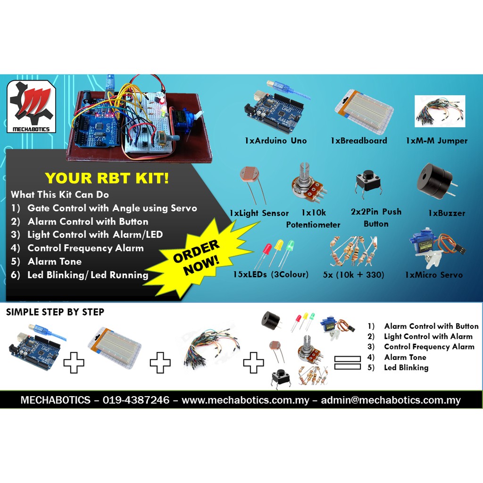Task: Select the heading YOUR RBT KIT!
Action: [x=107, y=178]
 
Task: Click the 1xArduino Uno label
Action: [x=275, y=141]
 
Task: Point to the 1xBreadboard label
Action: [x=358, y=141]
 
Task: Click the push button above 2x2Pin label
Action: [x=368, y=183]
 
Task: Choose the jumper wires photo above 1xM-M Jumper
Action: [x=440, y=111]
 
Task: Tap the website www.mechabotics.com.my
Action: [x=245, y=400]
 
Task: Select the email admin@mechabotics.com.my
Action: [x=391, y=400]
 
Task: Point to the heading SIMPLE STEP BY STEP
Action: [x=55, y=312]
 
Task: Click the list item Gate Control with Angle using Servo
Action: [x=112, y=208]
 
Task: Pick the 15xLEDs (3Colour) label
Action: [x=270, y=275]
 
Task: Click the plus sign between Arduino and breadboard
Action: [x=74, y=363]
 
